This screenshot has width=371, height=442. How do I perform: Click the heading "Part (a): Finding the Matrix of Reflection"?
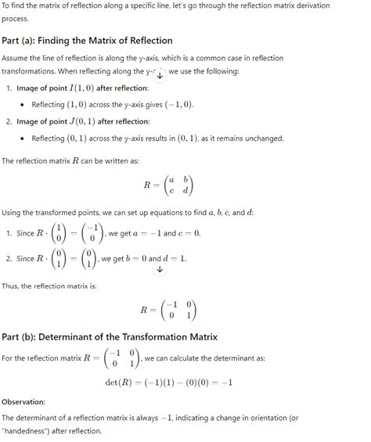[x=87, y=40]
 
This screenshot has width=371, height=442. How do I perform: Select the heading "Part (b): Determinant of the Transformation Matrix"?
[x=110, y=337]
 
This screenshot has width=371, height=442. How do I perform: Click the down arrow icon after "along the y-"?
[x=160, y=74]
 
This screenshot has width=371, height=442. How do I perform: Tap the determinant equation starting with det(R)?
[x=168, y=383]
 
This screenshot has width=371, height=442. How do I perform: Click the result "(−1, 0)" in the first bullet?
[x=176, y=105]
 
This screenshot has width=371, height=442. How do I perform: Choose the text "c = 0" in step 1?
[x=192, y=233]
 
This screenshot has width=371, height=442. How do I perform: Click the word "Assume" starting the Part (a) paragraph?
[x=16, y=59]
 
